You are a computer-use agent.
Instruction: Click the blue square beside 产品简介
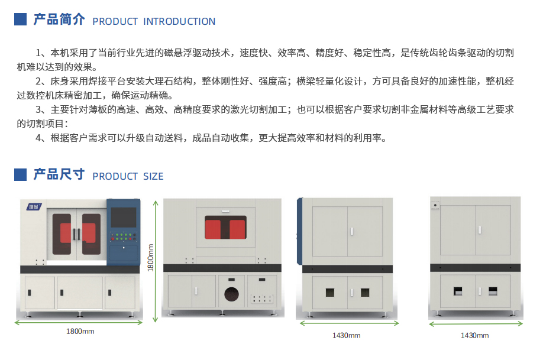[21, 20]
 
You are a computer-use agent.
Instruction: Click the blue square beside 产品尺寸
[21, 174]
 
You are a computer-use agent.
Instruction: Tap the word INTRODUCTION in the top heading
[179, 21]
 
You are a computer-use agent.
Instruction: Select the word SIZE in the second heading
[153, 177]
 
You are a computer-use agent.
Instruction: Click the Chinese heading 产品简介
[59, 20]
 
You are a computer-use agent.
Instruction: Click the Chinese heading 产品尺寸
[59, 174]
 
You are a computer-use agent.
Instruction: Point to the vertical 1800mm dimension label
[150, 258]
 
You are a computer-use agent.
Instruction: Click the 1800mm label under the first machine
[80, 332]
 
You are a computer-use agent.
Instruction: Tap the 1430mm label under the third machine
[346, 335]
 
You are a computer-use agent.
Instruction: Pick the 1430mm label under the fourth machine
[474, 335]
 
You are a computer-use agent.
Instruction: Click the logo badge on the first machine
[34, 207]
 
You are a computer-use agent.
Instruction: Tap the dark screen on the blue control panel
[123, 218]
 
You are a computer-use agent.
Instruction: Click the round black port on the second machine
[231, 294]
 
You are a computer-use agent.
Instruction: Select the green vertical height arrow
[156, 261]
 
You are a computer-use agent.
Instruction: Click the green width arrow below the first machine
[79, 323]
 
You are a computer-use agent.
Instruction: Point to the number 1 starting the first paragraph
[38, 53]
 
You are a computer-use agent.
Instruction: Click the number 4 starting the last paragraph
[38, 138]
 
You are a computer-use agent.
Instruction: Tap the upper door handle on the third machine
[352, 231]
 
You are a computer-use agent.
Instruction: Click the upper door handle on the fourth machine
[480, 230]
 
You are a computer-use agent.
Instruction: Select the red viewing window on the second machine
[225, 228]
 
